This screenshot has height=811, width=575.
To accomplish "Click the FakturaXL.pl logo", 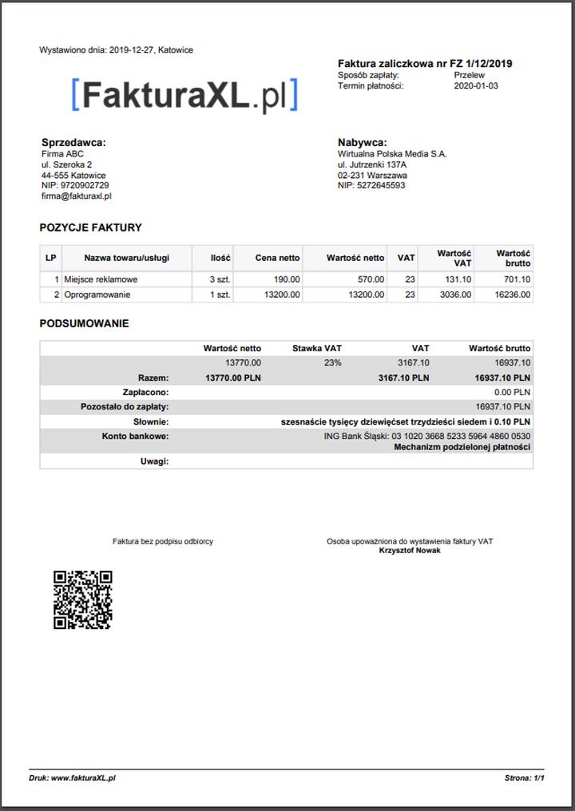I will (184, 95).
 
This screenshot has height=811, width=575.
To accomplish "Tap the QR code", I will (82, 599).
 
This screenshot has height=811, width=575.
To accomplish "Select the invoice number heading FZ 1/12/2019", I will (425, 63).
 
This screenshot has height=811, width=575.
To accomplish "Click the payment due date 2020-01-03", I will (475, 85).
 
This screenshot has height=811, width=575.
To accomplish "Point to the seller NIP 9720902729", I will (75, 185).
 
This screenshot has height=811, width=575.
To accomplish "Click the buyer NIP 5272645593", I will (371, 185).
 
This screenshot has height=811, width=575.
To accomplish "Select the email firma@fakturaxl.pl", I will (76, 196).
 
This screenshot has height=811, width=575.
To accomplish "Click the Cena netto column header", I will (277, 258).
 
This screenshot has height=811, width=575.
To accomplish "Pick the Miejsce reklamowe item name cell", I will (101, 279).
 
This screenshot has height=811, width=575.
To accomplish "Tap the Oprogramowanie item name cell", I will (97, 295).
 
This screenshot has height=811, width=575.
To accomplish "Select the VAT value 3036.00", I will (457, 295).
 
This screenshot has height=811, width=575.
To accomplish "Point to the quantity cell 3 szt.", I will (220, 279).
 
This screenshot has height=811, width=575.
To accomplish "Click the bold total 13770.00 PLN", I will (232, 378).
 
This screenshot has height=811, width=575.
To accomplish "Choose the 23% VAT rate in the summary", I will (331, 362).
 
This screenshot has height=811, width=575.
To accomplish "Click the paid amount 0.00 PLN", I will (512, 392).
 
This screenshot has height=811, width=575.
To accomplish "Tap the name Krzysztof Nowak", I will (409, 551).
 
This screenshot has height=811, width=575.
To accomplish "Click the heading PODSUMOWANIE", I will (84, 324).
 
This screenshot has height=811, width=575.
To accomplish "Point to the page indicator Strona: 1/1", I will (524, 777).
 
